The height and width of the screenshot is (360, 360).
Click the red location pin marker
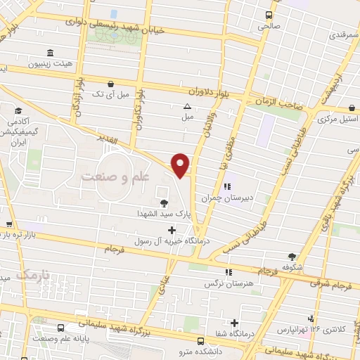(181, 165)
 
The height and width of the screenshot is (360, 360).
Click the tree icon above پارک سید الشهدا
(164, 202)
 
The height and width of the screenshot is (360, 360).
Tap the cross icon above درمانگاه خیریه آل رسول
(172, 230)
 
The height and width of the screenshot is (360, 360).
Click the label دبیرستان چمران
(226, 198)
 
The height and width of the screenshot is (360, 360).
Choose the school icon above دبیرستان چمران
(226, 188)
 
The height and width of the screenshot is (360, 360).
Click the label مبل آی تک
(109, 93)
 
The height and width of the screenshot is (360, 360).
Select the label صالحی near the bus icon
(269, 26)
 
